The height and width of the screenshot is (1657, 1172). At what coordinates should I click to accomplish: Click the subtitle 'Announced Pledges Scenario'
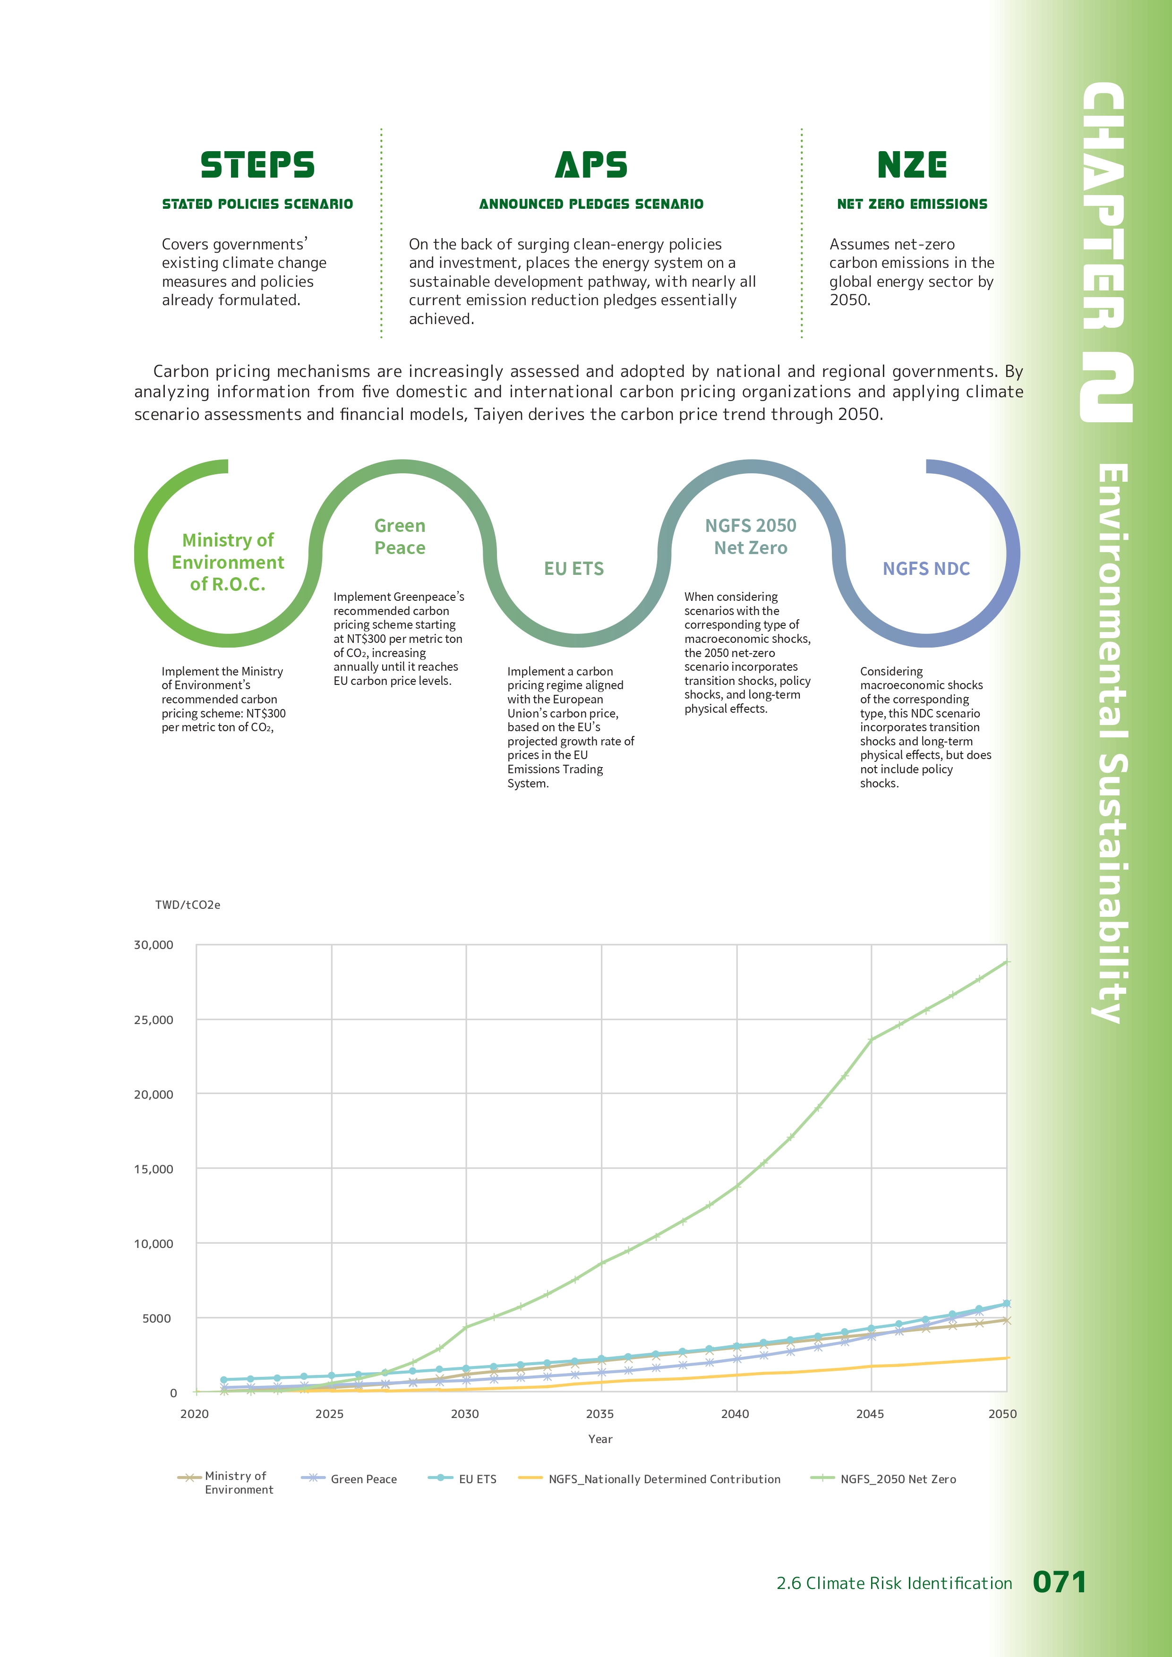click(x=591, y=204)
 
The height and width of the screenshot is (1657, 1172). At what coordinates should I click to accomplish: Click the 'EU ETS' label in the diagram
click(x=574, y=569)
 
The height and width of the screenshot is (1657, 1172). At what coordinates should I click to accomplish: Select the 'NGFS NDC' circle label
click(x=926, y=569)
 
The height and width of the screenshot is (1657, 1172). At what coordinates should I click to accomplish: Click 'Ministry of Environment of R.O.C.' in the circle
click(x=228, y=562)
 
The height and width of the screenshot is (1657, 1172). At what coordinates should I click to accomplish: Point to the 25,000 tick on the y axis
click(x=154, y=1020)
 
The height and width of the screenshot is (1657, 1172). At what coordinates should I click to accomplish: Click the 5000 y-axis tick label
click(x=157, y=1318)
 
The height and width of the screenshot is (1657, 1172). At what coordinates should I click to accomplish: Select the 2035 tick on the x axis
click(x=600, y=1414)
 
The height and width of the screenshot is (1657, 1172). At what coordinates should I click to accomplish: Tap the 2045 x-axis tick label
click(x=870, y=1414)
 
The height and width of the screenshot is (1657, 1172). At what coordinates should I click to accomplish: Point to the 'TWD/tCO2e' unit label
click(x=188, y=905)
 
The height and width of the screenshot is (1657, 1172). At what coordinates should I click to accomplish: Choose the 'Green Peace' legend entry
click(x=363, y=1479)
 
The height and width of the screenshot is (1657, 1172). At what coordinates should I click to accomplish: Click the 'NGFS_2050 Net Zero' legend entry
click(x=898, y=1479)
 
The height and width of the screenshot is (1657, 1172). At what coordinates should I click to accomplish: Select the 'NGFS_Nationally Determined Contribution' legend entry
click(x=664, y=1479)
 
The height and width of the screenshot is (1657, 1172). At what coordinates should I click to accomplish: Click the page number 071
click(x=1059, y=1583)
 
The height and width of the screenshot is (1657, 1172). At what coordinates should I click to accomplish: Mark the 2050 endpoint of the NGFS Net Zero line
click(x=1007, y=962)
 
